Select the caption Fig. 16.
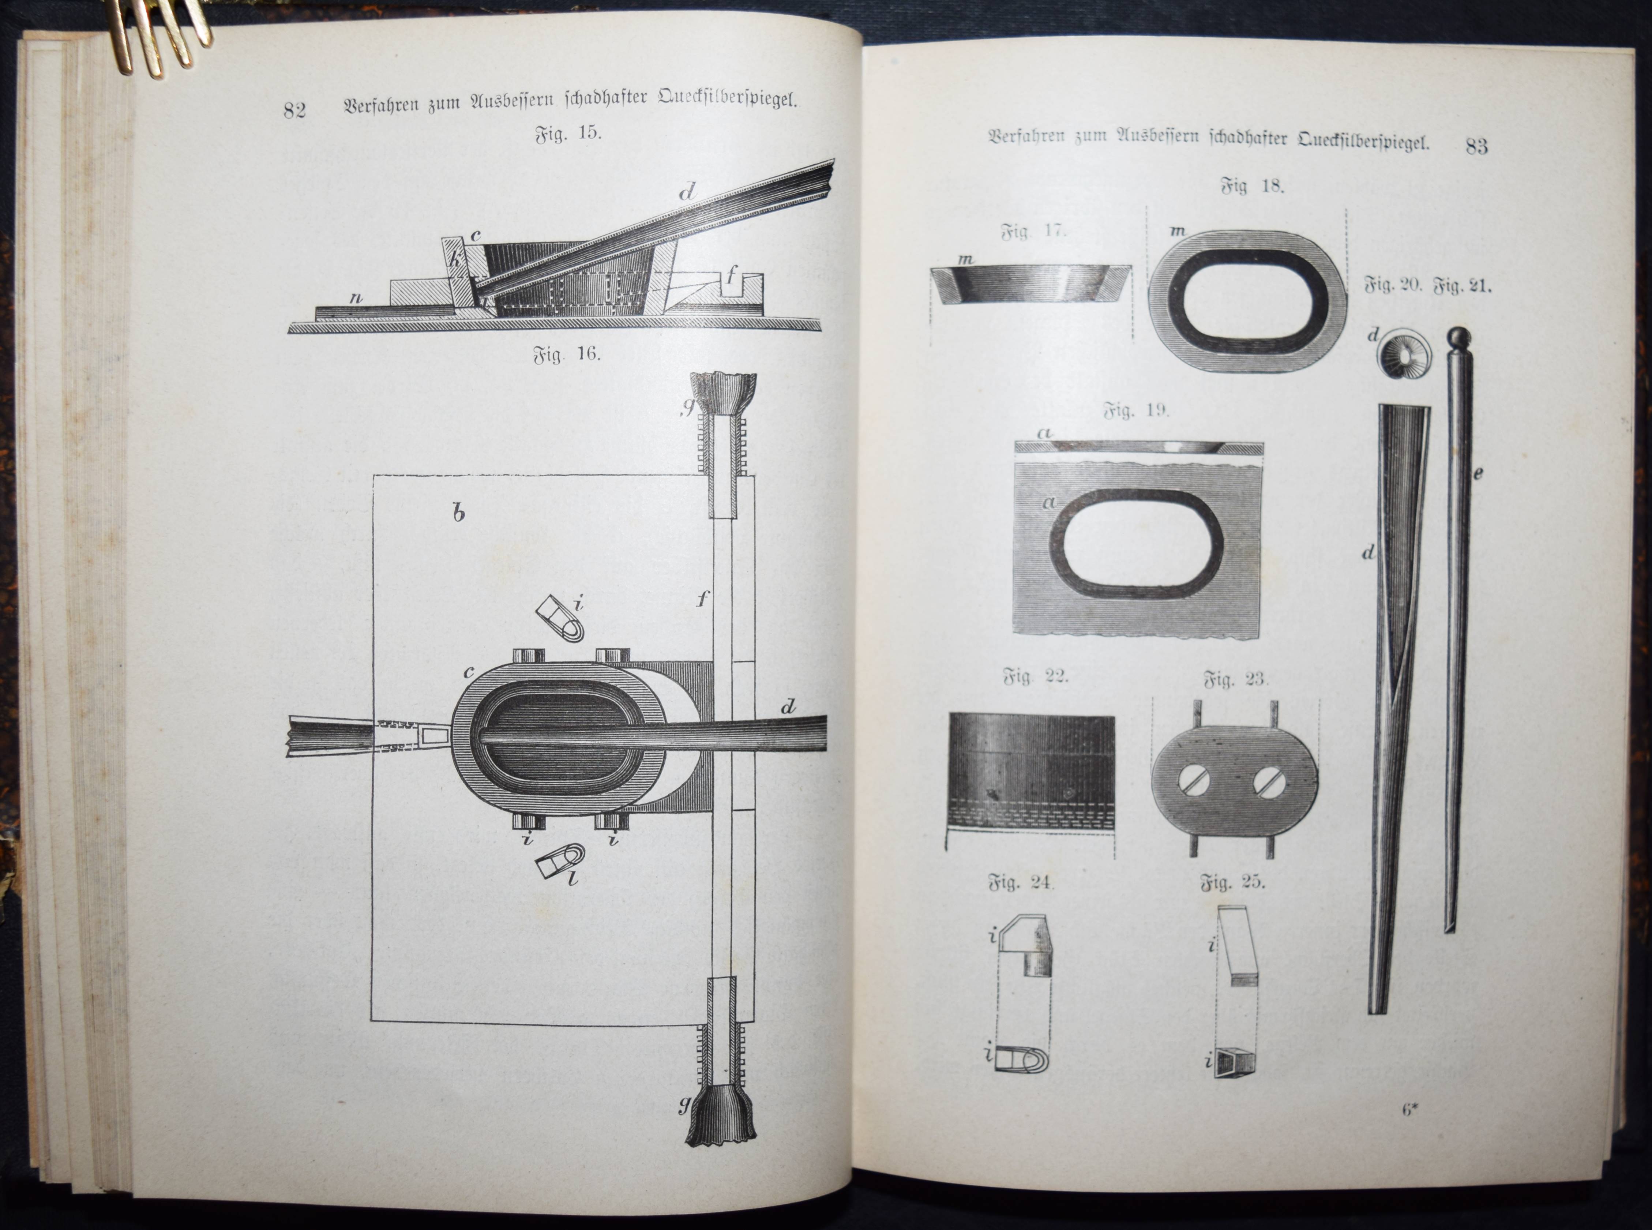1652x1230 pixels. pyautogui.click(x=567, y=355)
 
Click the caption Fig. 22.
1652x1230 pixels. pyautogui.click(x=1036, y=678)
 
